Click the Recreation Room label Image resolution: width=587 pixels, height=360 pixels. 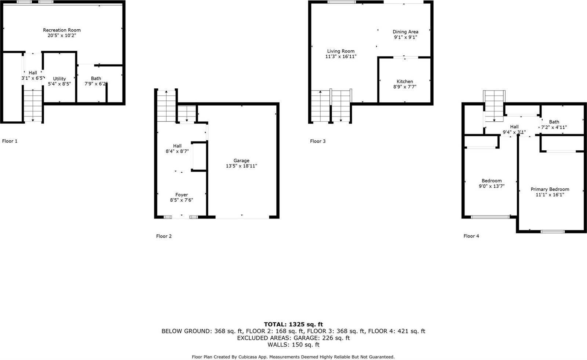[x=62, y=30]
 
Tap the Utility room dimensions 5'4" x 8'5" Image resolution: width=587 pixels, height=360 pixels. [x=59, y=84]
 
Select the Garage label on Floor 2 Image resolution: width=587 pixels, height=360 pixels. [x=241, y=161]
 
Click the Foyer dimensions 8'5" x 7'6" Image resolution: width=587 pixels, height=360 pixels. [x=182, y=200]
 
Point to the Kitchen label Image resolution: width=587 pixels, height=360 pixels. [x=405, y=81]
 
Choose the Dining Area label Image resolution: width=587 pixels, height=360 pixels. [x=405, y=32]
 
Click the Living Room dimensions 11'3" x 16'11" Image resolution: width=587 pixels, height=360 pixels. [x=341, y=56]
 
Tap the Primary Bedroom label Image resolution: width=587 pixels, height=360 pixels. [x=550, y=190]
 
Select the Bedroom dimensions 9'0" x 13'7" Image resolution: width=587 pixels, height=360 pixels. [x=492, y=186]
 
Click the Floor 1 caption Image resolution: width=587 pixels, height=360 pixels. [x=10, y=141]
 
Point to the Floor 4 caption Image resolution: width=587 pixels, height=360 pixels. [x=471, y=236]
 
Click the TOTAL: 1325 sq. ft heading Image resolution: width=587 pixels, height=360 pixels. [x=293, y=324]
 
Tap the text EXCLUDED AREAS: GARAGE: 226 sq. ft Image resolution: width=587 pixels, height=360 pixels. [x=293, y=338]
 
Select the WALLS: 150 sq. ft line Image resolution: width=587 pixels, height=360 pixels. [x=293, y=345]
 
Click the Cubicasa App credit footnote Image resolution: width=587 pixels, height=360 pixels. [x=293, y=357]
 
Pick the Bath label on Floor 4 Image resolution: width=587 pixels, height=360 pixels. [x=554, y=122]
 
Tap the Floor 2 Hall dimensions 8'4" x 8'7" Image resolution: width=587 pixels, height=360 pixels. [x=178, y=151]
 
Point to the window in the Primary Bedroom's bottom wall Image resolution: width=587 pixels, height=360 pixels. [x=553, y=231]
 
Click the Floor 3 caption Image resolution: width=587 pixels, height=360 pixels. [x=318, y=141]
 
